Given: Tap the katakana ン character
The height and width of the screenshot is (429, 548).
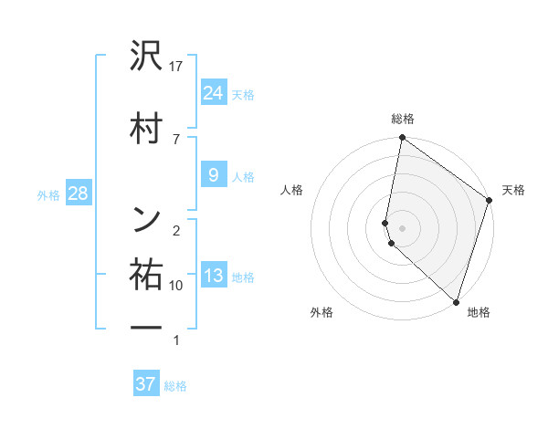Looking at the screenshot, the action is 147,218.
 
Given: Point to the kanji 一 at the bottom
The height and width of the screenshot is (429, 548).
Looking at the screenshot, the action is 147,326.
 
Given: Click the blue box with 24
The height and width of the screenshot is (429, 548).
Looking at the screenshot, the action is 214,92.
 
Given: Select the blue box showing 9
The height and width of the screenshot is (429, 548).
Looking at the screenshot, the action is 214,174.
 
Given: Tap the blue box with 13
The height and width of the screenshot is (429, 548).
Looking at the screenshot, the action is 214,275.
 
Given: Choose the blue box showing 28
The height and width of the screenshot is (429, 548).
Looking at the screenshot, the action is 78,194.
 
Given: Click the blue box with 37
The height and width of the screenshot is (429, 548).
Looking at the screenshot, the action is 146,384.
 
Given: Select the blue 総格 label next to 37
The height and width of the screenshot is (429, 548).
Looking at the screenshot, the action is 175,386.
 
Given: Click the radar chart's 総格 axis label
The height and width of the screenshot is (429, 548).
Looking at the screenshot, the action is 403,119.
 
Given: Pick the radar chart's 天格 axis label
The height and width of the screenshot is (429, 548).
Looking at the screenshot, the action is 513,190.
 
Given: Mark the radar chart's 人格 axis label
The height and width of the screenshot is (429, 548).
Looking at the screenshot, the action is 292,190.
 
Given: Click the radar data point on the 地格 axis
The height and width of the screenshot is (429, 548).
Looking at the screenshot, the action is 456,301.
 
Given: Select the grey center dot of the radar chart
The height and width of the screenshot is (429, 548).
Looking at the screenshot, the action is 403,228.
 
